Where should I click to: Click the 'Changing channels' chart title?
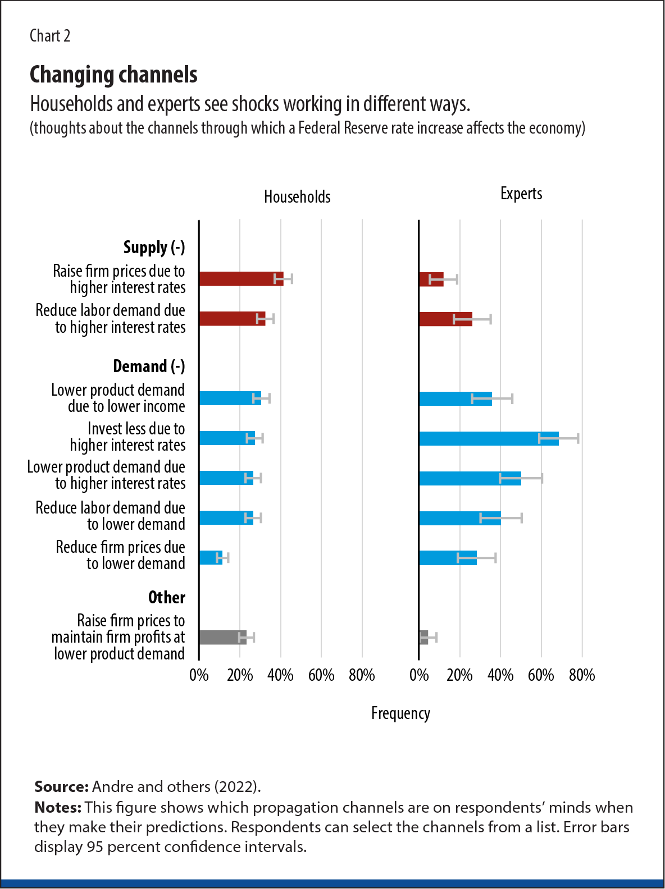113,75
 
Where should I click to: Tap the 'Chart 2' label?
50,36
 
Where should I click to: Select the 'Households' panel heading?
297,197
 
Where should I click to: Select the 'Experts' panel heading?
521,194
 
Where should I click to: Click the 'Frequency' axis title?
400,713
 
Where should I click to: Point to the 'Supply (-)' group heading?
154,248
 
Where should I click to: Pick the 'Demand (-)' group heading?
149,366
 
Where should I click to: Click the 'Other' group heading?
166,598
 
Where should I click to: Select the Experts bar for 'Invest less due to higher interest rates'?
489,438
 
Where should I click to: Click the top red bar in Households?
241,279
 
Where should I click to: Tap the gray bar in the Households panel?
222,637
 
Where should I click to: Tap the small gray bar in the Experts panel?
423,637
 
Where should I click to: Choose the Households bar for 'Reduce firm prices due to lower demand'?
211,557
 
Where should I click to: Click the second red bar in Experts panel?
445,319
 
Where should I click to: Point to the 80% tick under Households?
362,675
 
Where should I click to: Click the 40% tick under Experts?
500,675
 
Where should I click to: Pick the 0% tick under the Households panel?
199,675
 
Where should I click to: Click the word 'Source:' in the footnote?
61,786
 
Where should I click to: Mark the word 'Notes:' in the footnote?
58,808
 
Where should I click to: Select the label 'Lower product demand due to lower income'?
118,398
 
